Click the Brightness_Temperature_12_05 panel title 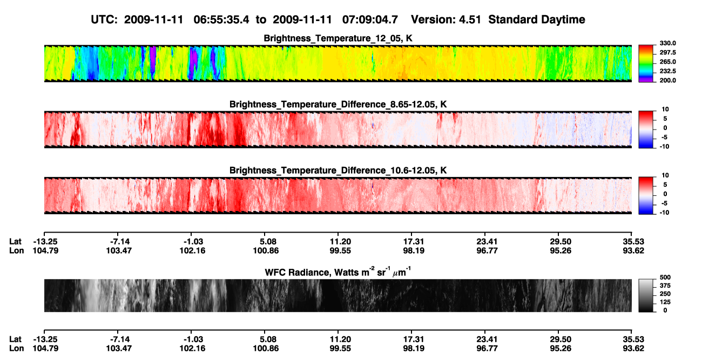[x=338, y=38]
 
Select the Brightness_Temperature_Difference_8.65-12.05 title [x=338, y=104]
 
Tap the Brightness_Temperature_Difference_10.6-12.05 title [x=338, y=171]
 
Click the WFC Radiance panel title [x=338, y=271]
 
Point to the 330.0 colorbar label [x=667, y=43]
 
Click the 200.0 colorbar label [x=667, y=80]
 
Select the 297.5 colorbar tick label [x=667, y=52]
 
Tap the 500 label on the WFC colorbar [x=665, y=277]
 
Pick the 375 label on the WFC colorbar [x=665, y=286]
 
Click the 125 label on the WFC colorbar [x=665, y=302]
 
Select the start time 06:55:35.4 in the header [x=221, y=19]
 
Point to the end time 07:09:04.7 [x=370, y=19]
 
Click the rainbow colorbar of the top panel [x=646, y=64]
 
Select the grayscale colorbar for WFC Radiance [x=646, y=295]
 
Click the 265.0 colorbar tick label [x=667, y=62]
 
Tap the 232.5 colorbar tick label [x=667, y=71]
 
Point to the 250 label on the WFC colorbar [x=665, y=294]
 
